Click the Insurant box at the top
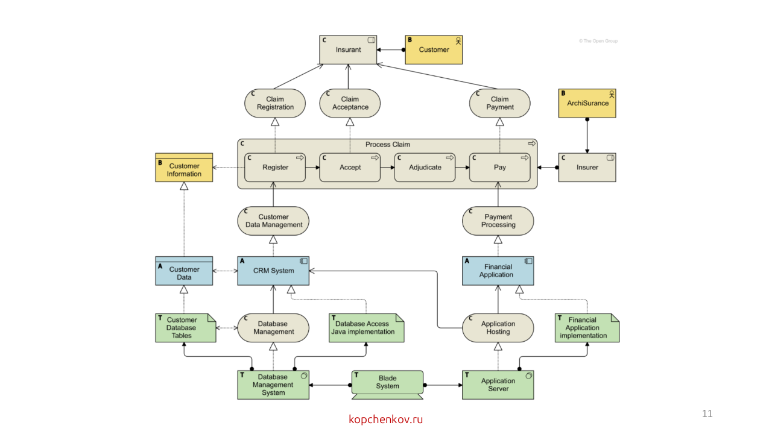pos(348,49)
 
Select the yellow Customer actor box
pos(434,49)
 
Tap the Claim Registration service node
pos(275,103)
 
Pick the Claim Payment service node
pos(500,103)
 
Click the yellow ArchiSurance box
pos(587,103)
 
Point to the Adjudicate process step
pos(425,168)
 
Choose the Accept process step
pos(350,168)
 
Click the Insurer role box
pos(587,168)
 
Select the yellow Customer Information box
pos(184,168)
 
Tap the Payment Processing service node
pos(498,221)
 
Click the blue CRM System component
pos(273,271)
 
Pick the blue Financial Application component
pos(498,271)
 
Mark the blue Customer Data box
pos(184,271)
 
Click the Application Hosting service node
pos(498,328)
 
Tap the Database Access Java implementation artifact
pos(366,328)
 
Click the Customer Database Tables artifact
pos(186,328)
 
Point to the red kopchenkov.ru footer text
pos(385,419)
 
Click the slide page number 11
pos(707,414)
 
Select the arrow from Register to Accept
pos(312,168)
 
